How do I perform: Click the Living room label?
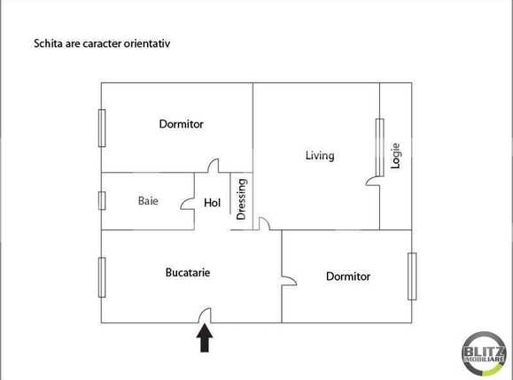319,156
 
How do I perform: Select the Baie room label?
148,201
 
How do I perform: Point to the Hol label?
212,203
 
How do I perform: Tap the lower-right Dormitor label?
347,276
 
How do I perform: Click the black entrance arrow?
205,338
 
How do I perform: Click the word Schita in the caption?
48,42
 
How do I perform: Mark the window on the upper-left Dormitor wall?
102,128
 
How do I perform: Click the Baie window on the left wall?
102,200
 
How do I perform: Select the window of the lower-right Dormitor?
412,276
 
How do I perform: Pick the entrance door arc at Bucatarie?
204,314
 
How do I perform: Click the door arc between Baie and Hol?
187,203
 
